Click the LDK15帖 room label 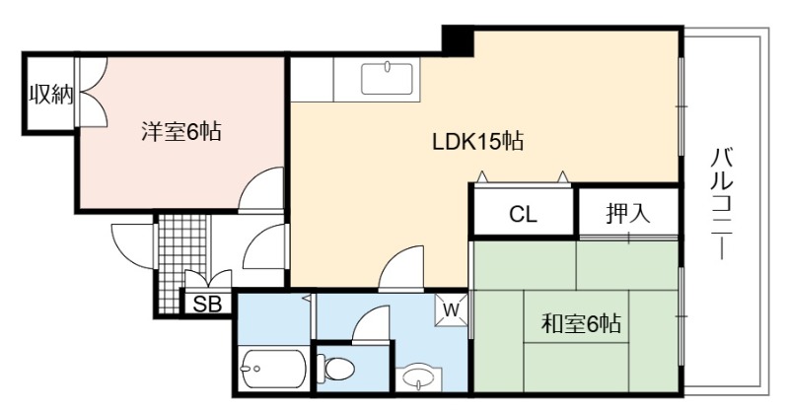click(x=478, y=142)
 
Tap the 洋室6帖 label click(x=181, y=132)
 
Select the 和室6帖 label click(x=581, y=323)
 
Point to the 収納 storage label click(x=50, y=94)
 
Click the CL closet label click(x=524, y=214)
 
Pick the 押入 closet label click(x=628, y=213)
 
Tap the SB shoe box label click(x=207, y=305)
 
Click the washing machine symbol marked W click(x=451, y=310)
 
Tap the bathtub click(x=273, y=369)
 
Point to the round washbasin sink click(x=418, y=377)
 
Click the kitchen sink click(x=387, y=79)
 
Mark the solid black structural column click(x=458, y=40)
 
